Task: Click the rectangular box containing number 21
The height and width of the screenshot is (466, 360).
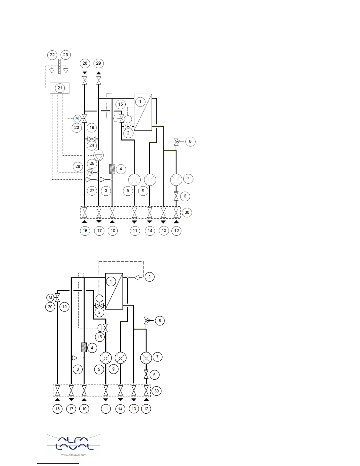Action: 60,88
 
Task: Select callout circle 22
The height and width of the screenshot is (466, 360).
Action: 52,55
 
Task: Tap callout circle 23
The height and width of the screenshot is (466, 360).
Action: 66,55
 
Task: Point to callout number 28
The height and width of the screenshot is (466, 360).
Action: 85,63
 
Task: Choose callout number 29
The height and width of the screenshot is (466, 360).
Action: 99,63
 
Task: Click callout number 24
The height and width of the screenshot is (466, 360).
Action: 92,145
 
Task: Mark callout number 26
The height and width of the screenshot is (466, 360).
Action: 78,167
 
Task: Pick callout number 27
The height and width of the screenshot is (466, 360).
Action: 92,191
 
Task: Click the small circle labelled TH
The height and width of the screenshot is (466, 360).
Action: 90,172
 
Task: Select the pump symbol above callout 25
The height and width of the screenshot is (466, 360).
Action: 99,155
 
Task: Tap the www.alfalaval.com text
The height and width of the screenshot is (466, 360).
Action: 74,455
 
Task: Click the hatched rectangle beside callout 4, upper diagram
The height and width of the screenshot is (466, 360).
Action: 112,169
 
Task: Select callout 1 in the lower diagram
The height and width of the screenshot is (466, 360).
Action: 111,281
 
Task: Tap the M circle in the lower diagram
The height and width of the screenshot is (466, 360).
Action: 50,297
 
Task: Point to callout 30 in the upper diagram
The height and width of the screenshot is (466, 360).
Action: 187,212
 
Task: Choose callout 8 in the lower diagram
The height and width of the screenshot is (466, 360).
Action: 160,321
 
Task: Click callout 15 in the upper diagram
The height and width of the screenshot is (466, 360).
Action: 121,104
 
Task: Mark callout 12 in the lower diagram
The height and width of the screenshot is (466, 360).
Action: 146,409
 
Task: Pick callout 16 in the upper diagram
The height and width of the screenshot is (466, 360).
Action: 85,231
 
